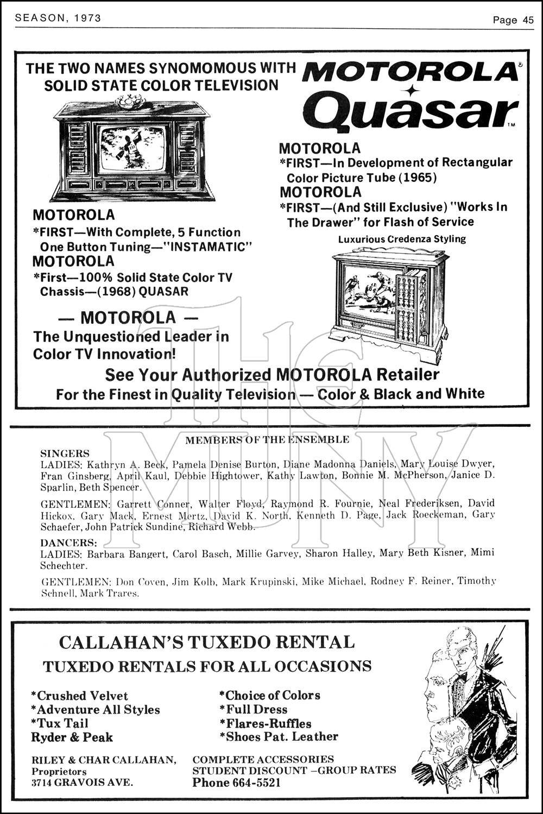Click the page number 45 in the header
528,20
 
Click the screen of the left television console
132,148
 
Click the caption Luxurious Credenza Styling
402,239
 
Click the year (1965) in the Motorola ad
419,178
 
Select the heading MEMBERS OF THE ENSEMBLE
267,440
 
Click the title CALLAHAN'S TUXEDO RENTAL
206,642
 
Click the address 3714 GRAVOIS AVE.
82,783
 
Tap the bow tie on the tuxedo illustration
462,677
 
